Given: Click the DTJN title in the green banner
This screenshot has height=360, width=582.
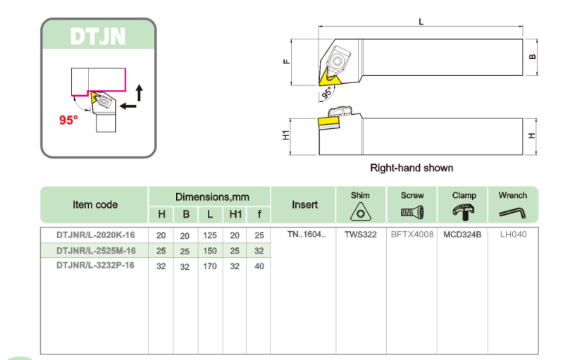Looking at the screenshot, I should click(98, 36).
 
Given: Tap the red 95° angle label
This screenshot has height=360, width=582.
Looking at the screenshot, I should click(68, 120).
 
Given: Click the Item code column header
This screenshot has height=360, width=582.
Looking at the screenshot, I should click(95, 205).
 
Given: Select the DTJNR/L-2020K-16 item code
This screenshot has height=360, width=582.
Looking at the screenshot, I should click(96, 235).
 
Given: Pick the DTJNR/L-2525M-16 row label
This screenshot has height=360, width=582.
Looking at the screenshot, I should click(96, 250).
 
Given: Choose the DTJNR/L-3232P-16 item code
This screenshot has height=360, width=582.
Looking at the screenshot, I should click(96, 266).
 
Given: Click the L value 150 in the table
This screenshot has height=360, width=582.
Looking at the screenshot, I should click(210, 250).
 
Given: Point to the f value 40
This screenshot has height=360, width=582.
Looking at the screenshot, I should click(259, 266).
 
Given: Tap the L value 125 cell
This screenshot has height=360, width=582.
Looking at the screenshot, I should click(210, 235).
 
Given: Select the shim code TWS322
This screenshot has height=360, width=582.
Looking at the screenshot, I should click(359, 235).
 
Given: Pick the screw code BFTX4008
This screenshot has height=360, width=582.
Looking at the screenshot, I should click(412, 235).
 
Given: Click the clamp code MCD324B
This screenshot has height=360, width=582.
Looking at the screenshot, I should click(463, 235).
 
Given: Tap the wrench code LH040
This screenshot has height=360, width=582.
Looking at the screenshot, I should click(513, 235).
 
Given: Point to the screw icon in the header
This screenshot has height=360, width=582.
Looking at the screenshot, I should click(412, 211).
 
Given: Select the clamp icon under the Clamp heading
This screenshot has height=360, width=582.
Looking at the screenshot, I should click(463, 211).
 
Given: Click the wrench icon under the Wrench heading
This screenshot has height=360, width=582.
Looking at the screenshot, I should click(512, 211).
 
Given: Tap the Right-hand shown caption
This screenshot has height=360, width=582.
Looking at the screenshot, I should click(411, 168).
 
